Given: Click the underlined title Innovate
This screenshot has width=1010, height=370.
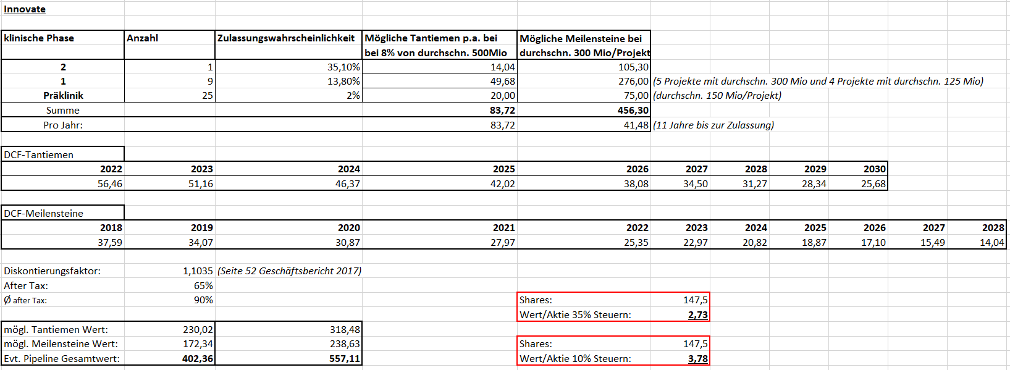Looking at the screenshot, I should (x=25, y=9).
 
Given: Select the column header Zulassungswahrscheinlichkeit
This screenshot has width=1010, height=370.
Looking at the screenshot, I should (x=286, y=38).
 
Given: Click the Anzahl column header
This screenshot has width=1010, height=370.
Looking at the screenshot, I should (x=143, y=38).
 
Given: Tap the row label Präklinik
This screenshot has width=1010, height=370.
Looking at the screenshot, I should (x=63, y=96).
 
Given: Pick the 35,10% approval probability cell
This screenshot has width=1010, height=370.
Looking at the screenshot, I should (x=343, y=67).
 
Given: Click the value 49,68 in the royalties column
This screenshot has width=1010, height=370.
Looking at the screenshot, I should (x=502, y=82).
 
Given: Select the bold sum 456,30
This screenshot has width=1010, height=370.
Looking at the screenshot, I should (x=633, y=111).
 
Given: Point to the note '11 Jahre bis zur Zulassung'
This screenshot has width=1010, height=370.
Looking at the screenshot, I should (x=713, y=125).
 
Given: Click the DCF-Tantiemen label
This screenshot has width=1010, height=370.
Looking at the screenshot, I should (x=39, y=155).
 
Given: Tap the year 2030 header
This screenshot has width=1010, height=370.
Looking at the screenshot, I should (x=874, y=169).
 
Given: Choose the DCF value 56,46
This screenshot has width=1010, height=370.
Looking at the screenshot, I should (x=110, y=184).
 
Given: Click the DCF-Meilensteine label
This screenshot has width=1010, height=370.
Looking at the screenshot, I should (x=43, y=214).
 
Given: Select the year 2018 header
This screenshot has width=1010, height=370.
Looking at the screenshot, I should (x=111, y=228).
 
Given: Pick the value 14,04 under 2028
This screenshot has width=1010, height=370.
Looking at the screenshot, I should (x=991, y=243).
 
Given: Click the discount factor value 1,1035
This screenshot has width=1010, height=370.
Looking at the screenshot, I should (x=198, y=271).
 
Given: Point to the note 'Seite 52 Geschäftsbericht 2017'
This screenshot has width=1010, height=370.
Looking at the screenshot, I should (x=289, y=271).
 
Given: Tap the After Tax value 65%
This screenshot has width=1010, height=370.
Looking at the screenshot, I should (x=203, y=286).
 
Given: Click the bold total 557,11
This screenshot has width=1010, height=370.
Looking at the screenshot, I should (x=345, y=359).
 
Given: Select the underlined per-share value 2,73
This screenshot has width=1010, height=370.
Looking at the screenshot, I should (x=697, y=315).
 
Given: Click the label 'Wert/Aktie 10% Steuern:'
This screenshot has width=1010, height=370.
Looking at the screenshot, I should (x=575, y=359).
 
